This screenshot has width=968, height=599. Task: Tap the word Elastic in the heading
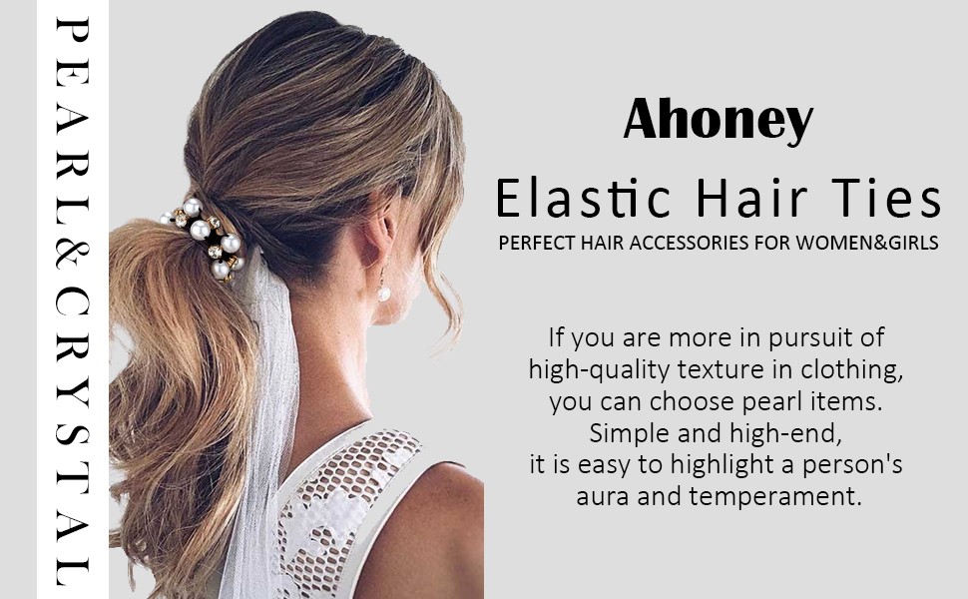coord(583,198)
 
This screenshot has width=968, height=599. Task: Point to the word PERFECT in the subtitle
coord(537,243)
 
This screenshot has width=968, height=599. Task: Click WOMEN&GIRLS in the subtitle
coord(867,243)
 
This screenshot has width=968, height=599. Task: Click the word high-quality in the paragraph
coord(599,370)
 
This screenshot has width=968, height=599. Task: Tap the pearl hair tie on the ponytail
coord(205,239)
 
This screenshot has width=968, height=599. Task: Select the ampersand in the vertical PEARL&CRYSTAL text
coord(72,254)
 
